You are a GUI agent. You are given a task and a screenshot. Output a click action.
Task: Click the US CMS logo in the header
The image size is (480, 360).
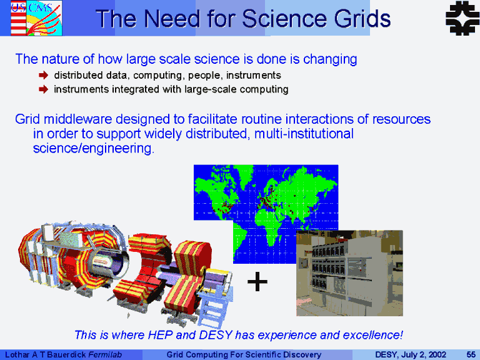pyautogui.click(x=36, y=17)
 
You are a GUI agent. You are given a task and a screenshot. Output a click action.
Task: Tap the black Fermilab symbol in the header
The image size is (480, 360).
pyautogui.click(x=462, y=17)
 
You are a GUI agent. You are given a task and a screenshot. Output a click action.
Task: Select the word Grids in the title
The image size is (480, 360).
pyautogui.click(x=362, y=19)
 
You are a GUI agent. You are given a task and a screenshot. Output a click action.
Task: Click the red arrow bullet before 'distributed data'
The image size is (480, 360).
pyautogui.click(x=44, y=75)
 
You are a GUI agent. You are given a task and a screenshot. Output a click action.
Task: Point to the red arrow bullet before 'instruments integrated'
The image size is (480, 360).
pyautogui.click(x=44, y=89)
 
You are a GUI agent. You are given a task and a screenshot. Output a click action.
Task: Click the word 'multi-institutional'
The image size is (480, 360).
pyautogui.click(x=304, y=134)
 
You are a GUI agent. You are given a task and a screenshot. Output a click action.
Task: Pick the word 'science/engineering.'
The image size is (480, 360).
pyautogui.click(x=94, y=149)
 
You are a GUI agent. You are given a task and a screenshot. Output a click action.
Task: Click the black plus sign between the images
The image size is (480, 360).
pyautogui.click(x=257, y=281)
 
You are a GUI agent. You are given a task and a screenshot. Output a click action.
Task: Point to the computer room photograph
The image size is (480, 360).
pyautogui.click(x=349, y=273)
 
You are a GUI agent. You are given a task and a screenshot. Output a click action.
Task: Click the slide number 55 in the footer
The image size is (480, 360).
pyautogui.click(x=471, y=355)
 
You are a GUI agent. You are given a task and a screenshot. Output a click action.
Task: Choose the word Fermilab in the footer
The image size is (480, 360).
pyautogui.click(x=105, y=355)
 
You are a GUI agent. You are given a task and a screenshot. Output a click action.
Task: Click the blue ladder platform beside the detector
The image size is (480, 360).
pyautogui.click(x=215, y=304)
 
